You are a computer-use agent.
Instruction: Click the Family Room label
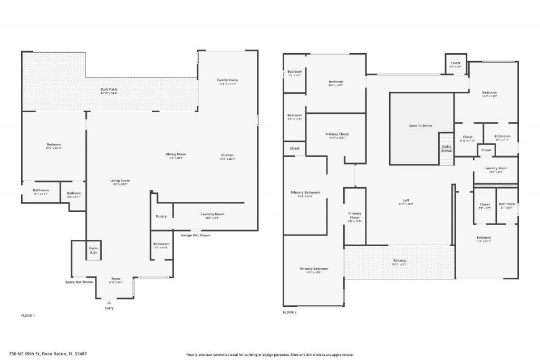pyautogui.click(x=227, y=80)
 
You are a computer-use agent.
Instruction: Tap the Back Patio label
pyautogui.click(x=109, y=90)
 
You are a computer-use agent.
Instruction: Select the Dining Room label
pyautogui.click(x=177, y=154)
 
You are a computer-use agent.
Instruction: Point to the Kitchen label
pyautogui.click(x=227, y=155)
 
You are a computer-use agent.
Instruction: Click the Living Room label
pyautogui.click(x=120, y=181)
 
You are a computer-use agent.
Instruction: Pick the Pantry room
pyautogui.click(x=161, y=216)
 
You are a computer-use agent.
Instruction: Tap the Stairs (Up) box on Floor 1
pyautogui.click(x=93, y=250)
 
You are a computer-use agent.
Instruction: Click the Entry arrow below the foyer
pyautogui.click(x=109, y=303)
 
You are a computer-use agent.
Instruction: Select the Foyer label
pyautogui.click(x=116, y=279)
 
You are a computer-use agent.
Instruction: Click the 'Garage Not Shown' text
pyautogui.click(x=195, y=235)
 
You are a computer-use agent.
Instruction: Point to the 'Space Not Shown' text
pyautogui.click(x=79, y=282)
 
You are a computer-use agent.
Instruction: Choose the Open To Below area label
pyautogui.click(x=420, y=126)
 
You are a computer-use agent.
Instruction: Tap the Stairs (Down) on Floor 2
pyautogui.click(x=446, y=149)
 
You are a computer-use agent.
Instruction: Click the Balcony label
pyautogui.click(x=399, y=261)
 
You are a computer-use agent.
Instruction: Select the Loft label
pyautogui.click(x=406, y=200)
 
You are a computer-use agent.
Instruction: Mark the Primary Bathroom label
pyautogui.click(x=305, y=193)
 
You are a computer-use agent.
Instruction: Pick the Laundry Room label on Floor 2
pyautogui.click(x=496, y=168)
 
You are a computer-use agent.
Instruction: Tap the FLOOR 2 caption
pyautogui.click(x=290, y=313)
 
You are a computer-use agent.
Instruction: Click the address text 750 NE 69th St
pyautogui.click(x=48, y=354)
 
